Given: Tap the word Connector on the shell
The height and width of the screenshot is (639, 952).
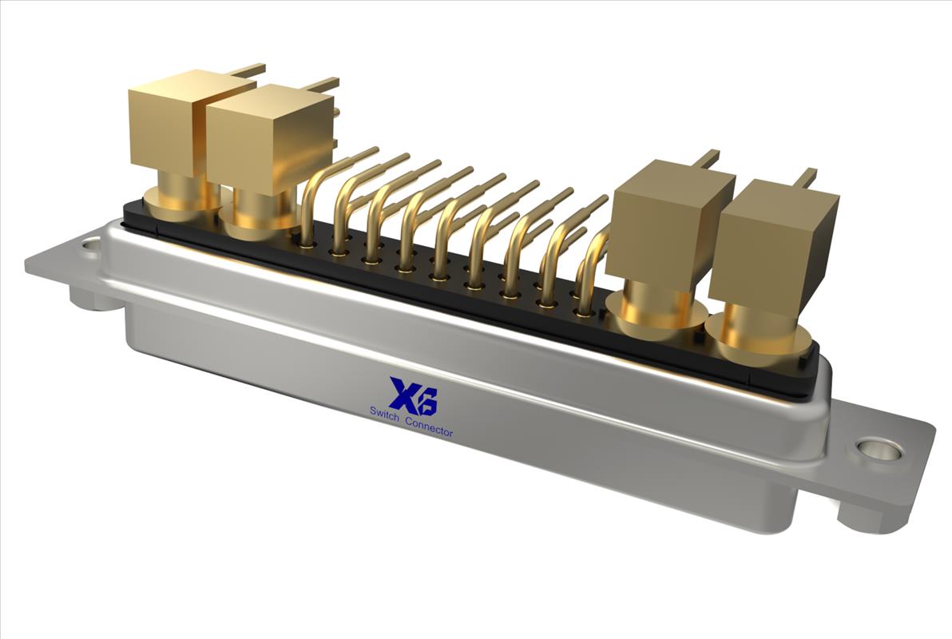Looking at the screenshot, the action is [429, 426].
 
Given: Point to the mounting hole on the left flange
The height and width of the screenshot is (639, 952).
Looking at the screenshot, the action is [91, 245].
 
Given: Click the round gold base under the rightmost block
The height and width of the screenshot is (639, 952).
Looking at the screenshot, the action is [763, 340].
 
